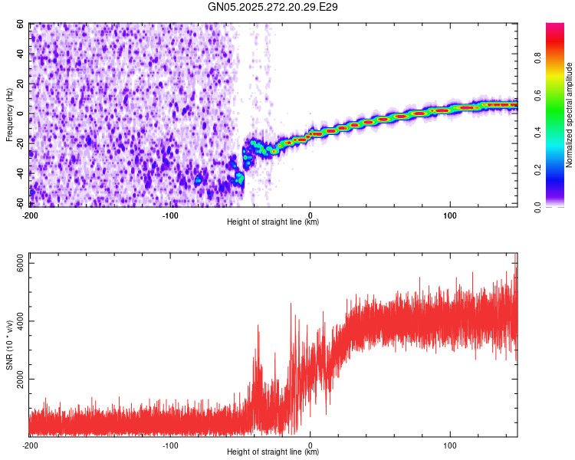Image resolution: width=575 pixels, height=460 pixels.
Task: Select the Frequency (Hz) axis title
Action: tap(9, 114)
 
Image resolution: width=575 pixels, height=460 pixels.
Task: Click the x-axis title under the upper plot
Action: tap(273, 222)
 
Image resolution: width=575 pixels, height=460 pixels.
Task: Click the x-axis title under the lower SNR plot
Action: tap(273, 452)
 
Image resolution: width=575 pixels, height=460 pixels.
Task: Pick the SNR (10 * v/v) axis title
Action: tap(9, 344)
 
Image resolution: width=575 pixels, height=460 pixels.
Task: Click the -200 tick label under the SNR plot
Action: tap(30, 445)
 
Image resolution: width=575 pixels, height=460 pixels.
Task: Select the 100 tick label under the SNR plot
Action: tap(450, 445)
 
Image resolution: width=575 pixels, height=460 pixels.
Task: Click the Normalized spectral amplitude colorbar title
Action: tap(570, 115)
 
